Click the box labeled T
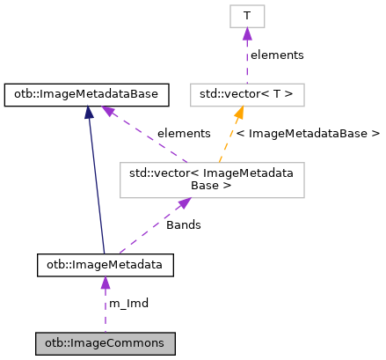point(247,16)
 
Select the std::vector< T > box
point(247,93)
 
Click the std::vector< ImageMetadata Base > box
point(212,179)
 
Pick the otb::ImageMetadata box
point(105,263)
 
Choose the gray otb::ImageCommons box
point(105,341)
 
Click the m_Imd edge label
point(128,303)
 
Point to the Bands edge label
point(183,224)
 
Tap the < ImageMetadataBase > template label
point(308,133)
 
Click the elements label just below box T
point(276,55)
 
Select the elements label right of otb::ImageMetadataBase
point(183,133)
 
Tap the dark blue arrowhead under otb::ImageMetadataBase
point(90,112)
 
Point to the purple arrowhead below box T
point(247,34)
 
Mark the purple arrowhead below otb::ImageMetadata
point(105,283)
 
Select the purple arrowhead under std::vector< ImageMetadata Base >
point(184,203)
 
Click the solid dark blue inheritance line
point(98,185)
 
